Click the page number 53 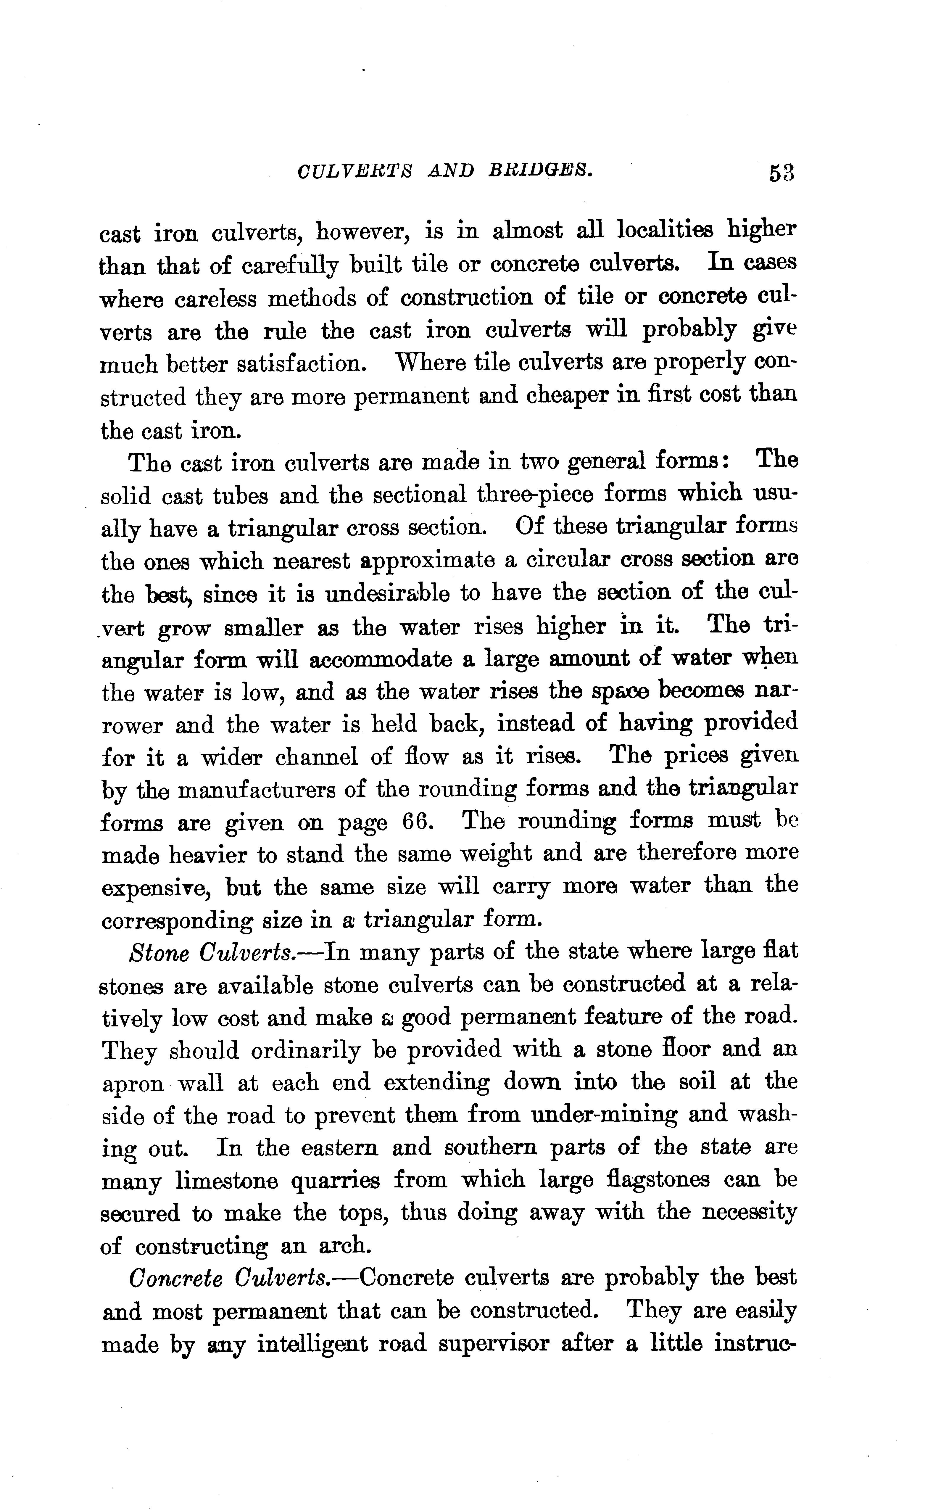point(781,173)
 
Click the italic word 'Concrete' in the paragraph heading point(176,1278)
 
